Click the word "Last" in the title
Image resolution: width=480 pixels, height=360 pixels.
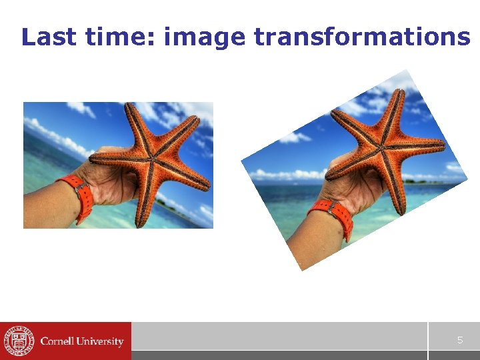click(49, 37)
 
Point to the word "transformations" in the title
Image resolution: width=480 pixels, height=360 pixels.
click(362, 37)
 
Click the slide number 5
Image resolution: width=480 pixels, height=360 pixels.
click(459, 340)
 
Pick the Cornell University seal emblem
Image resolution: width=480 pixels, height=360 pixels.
click(18, 341)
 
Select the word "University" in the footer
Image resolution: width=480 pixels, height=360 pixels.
click(101, 341)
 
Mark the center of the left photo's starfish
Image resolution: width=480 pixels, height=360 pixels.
click(152, 160)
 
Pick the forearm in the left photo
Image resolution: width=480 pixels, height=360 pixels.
click(43, 207)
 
